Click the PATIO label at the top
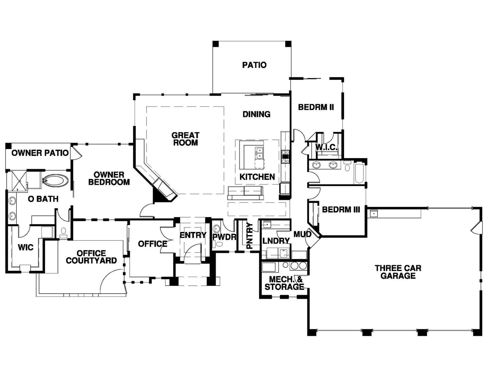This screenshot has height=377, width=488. click(254, 65)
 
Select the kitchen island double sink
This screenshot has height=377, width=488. click(259, 153)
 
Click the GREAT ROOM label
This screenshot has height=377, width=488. click(185, 139)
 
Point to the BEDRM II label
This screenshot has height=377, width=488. click(316, 107)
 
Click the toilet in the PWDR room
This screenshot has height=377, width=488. click(218, 244)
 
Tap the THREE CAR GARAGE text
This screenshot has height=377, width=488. click(398, 272)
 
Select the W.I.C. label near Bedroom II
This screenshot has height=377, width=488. click(326, 147)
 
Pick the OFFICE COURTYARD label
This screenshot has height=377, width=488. click(91, 257)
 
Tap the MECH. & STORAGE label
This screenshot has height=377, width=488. click(284, 283)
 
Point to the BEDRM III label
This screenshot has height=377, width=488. click(341, 210)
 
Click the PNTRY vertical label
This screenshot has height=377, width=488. click(250, 236)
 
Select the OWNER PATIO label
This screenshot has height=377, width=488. click(40, 153)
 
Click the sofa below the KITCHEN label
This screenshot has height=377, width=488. click(245, 193)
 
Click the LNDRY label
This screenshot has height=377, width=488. click(276, 241)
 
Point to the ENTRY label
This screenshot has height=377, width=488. click(193, 235)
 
